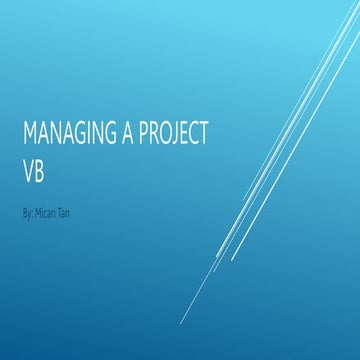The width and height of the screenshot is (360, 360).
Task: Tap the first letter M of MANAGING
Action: click(27, 133)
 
